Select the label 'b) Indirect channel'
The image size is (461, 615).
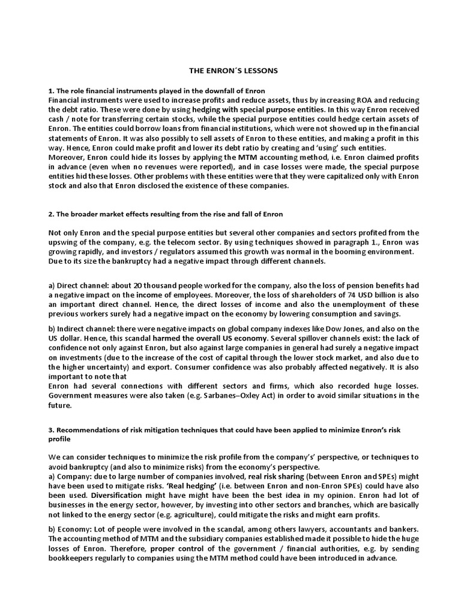[x=81, y=329]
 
